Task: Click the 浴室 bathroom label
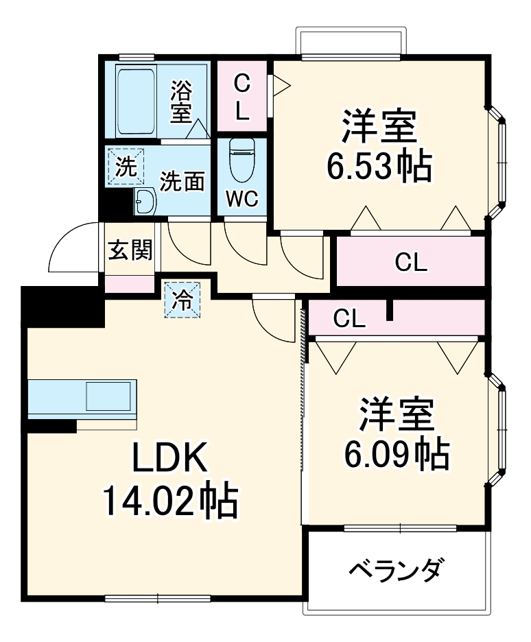coord(181,101)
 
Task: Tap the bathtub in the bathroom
coord(140,102)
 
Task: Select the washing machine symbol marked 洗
coord(125,167)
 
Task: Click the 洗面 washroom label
coord(182,182)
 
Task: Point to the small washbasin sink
coord(145,202)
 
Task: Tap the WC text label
coord(241,200)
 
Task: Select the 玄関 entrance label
coord(130,251)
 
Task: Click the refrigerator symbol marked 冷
coord(181,299)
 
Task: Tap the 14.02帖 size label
coord(169,501)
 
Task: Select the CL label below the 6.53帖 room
coord(410,262)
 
